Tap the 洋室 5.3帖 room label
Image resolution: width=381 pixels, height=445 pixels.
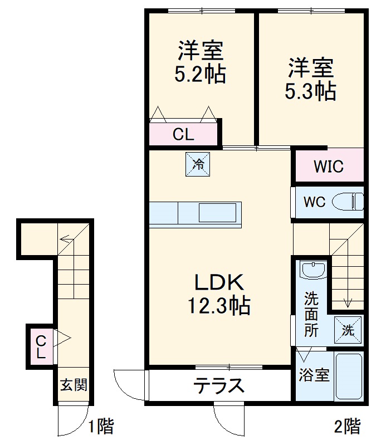click(310, 79)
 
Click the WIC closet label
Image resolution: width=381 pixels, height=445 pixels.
click(329, 166)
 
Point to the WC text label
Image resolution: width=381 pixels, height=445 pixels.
click(314, 202)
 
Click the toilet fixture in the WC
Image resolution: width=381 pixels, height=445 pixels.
click(348, 202)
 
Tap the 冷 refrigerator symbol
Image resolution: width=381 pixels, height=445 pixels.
click(198, 164)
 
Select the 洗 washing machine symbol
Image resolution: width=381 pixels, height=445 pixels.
click(348, 330)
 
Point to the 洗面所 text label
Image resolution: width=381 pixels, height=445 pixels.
click(311, 315)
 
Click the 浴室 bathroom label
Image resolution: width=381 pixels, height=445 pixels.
click(314, 375)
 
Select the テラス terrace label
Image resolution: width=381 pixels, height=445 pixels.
click(219, 385)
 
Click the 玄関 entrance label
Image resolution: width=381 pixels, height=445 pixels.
click(74, 384)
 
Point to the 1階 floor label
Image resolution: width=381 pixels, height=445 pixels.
click(101, 427)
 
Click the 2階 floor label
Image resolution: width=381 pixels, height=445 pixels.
click(347, 427)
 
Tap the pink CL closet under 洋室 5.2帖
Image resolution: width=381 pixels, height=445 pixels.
click(183, 134)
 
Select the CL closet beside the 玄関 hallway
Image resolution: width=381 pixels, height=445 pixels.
click(41, 346)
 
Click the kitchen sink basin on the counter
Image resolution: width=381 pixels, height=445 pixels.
click(219, 213)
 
